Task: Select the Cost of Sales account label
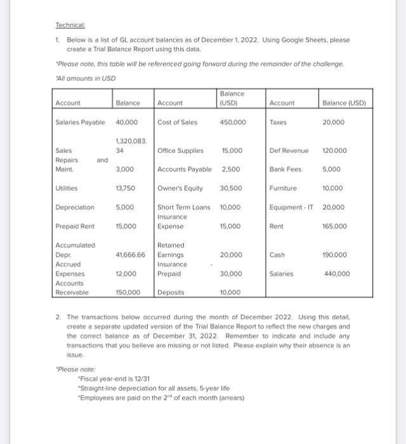pos(177,122)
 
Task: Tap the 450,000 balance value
pos(233,122)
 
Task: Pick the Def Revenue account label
pos(289,151)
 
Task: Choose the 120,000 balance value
pos(336,151)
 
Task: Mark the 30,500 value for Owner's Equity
pos(231,188)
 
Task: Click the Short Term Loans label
pos(184,207)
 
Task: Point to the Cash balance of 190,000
pos(336,254)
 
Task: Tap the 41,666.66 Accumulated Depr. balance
pos(130,254)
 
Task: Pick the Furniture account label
pos(283,188)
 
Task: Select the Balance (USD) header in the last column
pos(344,103)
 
